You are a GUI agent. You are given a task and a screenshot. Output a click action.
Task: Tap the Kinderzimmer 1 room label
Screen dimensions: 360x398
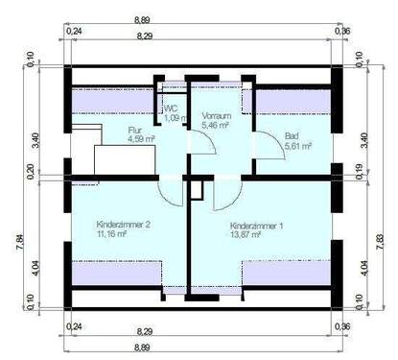257,227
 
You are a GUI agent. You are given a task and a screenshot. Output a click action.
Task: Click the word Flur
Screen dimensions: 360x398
135,130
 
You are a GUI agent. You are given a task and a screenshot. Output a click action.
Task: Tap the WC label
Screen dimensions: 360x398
171,108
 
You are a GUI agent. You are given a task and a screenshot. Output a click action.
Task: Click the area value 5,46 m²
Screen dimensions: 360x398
216,125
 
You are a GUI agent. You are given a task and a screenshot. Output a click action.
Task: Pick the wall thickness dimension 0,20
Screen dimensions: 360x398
32,173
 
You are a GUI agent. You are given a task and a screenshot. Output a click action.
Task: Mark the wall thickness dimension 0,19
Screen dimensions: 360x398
360,173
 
